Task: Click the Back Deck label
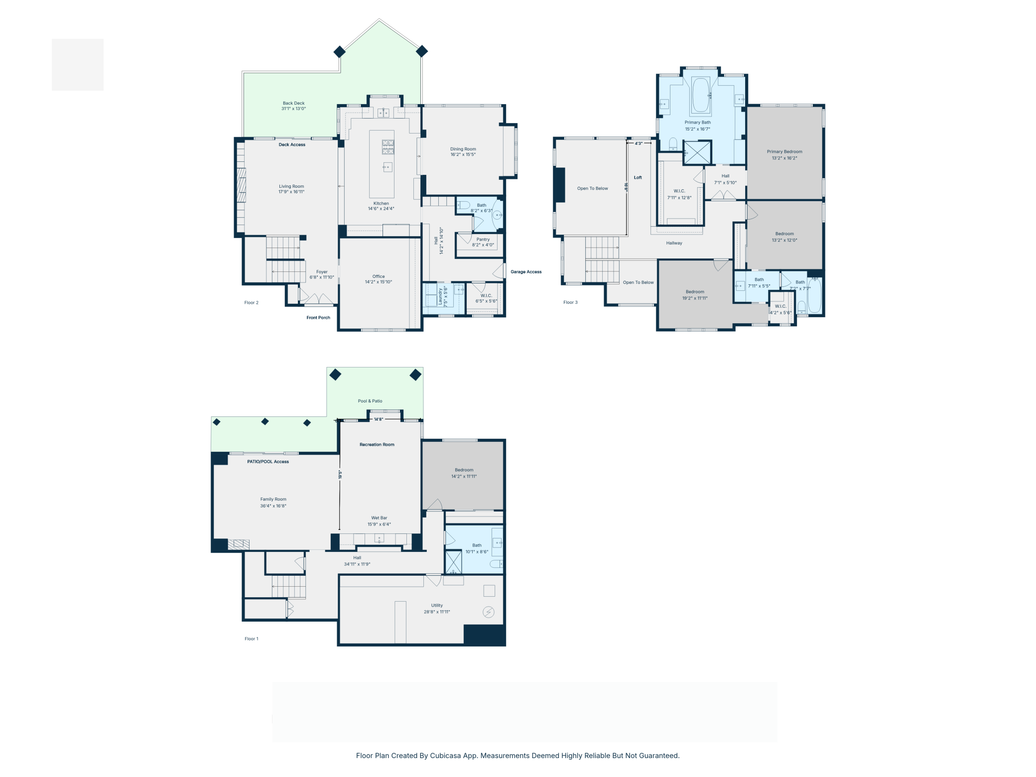coord(294,103)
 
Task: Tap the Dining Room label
coord(463,149)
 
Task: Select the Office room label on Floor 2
coord(379,276)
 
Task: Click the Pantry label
coord(483,239)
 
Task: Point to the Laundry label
coord(440,296)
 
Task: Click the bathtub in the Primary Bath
coord(700,95)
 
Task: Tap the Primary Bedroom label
coord(784,151)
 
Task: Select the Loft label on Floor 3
coord(638,177)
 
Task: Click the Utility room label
coord(437,605)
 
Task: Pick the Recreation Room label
coord(377,444)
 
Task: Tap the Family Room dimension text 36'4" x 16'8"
coord(273,506)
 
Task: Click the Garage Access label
coord(526,272)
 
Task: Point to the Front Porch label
coord(318,317)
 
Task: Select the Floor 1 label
coord(252,639)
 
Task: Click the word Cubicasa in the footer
coord(446,756)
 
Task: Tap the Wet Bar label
coord(379,518)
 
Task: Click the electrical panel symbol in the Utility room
coord(489,612)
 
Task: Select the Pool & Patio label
coord(370,401)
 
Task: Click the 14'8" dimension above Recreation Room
coord(379,419)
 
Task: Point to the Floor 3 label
coord(570,302)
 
